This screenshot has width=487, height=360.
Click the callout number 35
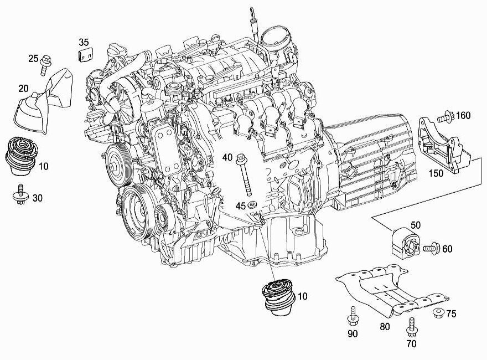84,42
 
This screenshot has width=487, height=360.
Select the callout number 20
23,89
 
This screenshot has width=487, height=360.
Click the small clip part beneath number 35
85,54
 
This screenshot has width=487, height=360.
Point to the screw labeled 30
21,194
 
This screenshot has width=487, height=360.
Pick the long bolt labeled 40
245,176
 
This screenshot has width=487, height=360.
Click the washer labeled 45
251,205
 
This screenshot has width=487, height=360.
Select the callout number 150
436,173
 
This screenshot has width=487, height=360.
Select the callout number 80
385,327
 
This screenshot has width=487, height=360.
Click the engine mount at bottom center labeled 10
277,298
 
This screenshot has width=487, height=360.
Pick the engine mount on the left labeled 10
21,156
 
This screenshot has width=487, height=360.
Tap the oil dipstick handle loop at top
251,13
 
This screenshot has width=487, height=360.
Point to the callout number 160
463,116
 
